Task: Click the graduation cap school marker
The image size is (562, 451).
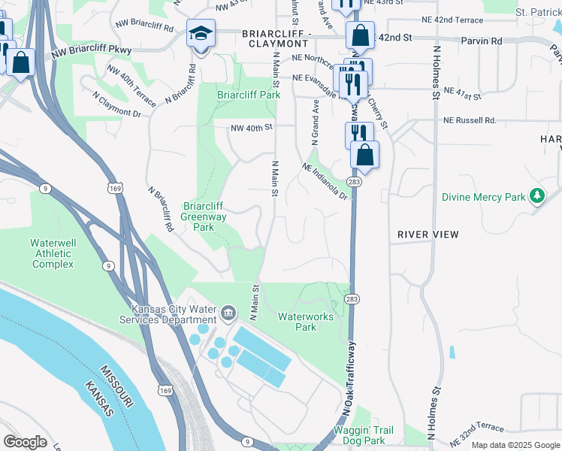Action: pos(201,34)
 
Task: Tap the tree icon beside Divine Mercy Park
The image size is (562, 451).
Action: pos(536,197)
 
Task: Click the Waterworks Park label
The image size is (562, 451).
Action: pos(306,322)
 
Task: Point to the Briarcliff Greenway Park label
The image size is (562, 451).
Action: pos(203,216)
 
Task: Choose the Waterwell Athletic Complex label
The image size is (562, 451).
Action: pos(53,253)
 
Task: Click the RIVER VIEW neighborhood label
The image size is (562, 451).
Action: pos(428,235)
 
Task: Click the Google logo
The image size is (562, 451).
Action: pos(26,442)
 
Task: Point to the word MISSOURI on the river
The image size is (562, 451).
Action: pos(116,386)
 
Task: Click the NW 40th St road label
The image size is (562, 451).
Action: pos(250,129)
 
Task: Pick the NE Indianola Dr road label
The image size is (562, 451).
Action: pos(325,182)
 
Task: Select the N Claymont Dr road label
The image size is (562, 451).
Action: pos(116,104)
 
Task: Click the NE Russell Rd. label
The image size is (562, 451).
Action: pos(470,120)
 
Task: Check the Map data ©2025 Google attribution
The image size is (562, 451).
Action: pos(515,445)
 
